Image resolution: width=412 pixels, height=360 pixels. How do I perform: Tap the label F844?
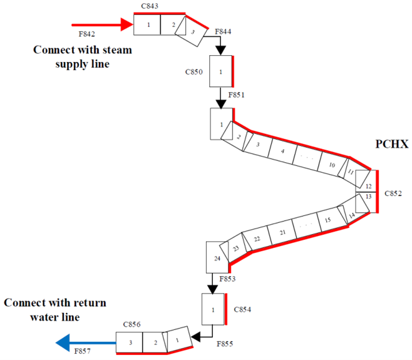click(224, 32)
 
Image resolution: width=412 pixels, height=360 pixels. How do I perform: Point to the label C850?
click(194, 72)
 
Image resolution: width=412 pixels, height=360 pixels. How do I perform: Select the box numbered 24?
click(217, 258)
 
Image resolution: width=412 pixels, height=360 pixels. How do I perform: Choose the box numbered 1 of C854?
click(213, 310)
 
